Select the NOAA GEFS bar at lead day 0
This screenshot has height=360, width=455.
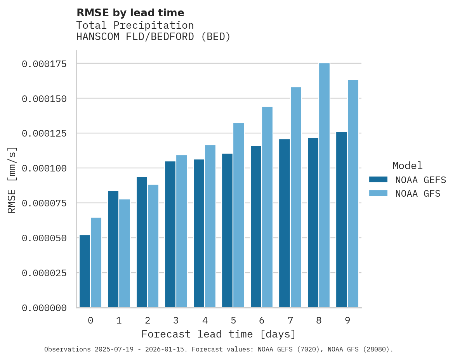tap(85, 271)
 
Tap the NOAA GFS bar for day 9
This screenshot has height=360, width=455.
tap(353, 194)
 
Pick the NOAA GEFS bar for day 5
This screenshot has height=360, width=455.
tap(227, 230)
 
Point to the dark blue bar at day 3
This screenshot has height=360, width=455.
tap(170, 234)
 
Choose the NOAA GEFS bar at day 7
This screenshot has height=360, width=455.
tap(285, 223)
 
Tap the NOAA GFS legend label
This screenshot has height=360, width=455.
tap(418, 194)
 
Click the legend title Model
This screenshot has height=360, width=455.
tap(407, 166)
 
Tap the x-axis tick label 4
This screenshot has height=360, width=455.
tap(205, 320)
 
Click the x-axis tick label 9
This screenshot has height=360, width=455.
tap(347, 320)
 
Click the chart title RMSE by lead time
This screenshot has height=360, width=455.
tap(130, 13)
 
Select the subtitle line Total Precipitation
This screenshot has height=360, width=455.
tap(135, 26)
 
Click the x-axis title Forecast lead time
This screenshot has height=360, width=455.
tap(218, 334)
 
